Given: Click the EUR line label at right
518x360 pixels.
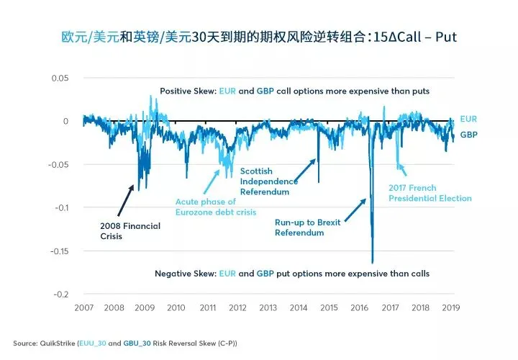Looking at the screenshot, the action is pyautogui.click(x=468, y=119).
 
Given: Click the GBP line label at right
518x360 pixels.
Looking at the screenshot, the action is pyautogui.click(x=469, y=135).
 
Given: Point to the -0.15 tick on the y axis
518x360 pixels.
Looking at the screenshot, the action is pyautogui.click(x=60, y=251).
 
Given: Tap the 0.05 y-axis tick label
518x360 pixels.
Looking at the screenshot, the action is pyautogui.click(x=60, y=78).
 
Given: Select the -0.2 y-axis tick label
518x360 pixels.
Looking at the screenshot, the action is pyautogui.click(x=61, y=294).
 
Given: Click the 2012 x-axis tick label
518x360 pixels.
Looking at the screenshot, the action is pyautogui.click(x=237, y=307).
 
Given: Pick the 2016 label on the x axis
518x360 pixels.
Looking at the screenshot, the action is pyautogui.click(x=360, y=307).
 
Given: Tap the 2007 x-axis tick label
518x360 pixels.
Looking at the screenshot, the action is pyautogui.click(x=84, y=307).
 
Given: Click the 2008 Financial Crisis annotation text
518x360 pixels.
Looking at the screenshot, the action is pyautogui.click(x=130, y=231).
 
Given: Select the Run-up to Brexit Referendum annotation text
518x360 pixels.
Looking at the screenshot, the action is pyautogui.click(x=308, y=228).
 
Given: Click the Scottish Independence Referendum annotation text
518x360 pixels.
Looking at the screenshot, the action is pyautogui.click(x=269, y=181).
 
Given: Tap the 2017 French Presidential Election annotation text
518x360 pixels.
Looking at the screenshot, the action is pyautogui.click(x=430, y=193).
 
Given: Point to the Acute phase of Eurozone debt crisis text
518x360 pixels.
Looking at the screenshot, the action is pyautogui.click(x=216, y=207).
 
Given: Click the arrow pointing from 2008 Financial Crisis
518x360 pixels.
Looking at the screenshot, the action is pyautogui.click(x=125, y=201).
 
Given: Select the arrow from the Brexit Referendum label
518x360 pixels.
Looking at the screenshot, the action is pyautogui.click(x=355, y=210).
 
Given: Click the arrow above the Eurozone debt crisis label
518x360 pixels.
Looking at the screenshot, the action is pyautogui.click(x=212, y=181).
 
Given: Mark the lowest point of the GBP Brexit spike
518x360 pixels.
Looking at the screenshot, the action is pyautogui.click(x=373, y=263).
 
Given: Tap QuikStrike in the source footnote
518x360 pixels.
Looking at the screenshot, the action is pyautogui.click(x=58, y=343).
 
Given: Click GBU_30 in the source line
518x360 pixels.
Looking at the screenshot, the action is pyautogui.click(x=137, y=343).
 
